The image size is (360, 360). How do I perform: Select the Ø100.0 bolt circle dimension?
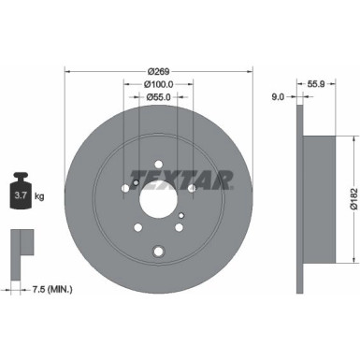coord(157,85)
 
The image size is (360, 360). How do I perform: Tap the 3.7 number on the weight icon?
coord(20,195)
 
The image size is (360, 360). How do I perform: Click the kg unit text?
coord(39,196)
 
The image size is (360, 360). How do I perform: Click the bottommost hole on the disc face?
coord(157,250)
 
